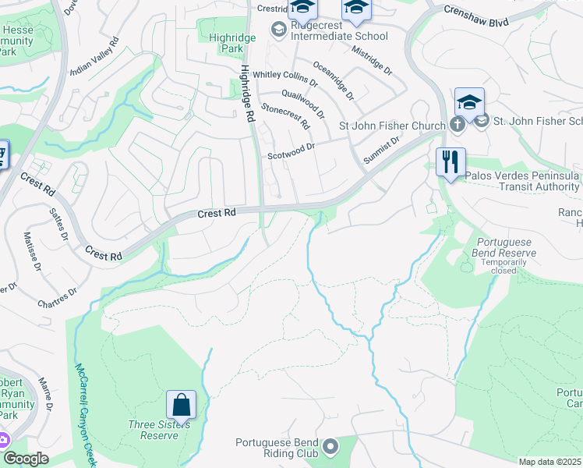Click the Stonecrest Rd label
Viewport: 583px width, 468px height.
click(x=284, y=116)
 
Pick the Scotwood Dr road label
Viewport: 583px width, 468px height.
click(x=291, y=150)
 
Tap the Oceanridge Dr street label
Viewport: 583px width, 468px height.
click(x=333, y=81)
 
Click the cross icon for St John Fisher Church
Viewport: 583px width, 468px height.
click(x=458, y=125)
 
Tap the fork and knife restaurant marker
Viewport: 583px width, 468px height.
click(x=450, y=162)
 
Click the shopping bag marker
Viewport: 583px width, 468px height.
click(x=181, y=405)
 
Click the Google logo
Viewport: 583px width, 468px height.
click(x=25, y=459)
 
